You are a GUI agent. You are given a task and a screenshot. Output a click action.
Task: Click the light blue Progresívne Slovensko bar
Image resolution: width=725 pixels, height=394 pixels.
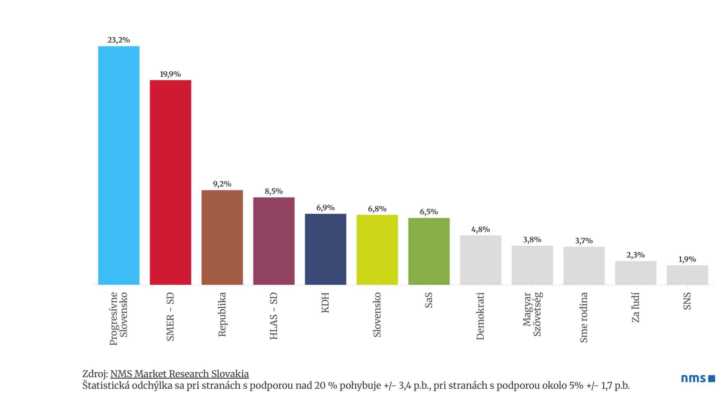[119, 165]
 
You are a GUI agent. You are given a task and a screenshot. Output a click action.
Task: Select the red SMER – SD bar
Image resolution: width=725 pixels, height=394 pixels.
[170, 182]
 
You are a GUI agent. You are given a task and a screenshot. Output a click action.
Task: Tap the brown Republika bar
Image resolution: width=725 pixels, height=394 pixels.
[222, 237]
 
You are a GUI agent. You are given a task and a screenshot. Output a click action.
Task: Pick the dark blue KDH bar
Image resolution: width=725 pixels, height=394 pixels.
[325, 249]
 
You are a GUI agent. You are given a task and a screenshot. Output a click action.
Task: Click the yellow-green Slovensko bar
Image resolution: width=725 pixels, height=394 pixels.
[377, 250]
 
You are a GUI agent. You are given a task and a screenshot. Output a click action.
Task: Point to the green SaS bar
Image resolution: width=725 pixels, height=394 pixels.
[429, 251]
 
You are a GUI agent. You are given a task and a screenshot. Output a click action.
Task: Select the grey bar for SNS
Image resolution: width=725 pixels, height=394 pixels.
[687, 275]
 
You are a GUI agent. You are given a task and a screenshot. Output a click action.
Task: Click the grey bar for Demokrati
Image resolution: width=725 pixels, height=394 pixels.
[480, 260]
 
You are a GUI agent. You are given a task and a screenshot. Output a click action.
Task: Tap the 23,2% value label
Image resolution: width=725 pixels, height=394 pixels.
[119, 40]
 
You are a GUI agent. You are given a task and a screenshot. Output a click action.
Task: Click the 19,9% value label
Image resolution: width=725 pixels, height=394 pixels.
[170, 74]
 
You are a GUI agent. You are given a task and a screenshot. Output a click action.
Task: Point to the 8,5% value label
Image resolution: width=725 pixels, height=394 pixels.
[274, 191]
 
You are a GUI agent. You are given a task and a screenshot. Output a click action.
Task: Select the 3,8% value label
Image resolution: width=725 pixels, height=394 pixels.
[532, 240]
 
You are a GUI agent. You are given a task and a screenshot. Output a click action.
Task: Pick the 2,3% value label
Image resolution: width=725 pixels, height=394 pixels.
[636, 255]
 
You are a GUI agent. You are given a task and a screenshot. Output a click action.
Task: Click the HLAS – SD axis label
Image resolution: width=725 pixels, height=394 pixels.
[274, 316]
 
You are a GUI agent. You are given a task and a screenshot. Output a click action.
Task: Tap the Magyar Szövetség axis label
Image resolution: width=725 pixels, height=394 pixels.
[532, 314]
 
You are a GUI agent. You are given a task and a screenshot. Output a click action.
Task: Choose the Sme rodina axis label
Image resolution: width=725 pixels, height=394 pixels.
[584, 317]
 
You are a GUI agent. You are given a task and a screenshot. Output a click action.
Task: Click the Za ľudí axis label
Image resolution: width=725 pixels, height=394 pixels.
[636, 307]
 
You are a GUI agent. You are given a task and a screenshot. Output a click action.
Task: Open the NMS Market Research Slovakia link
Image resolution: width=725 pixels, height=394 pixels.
[179, 374]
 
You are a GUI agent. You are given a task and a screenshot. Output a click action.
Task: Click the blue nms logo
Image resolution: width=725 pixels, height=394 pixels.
[698, 378]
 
